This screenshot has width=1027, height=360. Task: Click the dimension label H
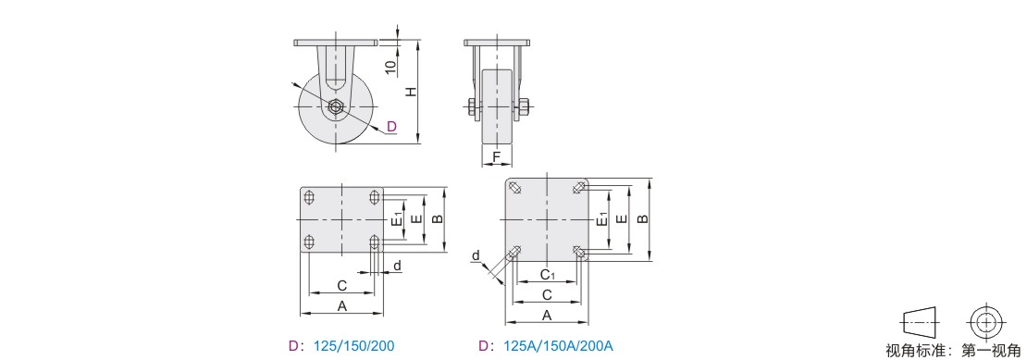click(410, 92)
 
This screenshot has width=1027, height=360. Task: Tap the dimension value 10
click(391, 67)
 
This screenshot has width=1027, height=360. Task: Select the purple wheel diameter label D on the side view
click(391, 127)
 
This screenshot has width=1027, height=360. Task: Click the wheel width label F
click(497, 157)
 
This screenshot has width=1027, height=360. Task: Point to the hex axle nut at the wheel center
click(336, 107)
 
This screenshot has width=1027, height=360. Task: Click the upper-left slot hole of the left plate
click(310, 196)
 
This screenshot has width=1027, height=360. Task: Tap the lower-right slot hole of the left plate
click(375, 242)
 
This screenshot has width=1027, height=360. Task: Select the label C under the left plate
click(341, 286)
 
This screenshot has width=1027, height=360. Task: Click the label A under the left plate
click(341, 305)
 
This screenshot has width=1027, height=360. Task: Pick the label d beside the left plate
click(396, 266)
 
